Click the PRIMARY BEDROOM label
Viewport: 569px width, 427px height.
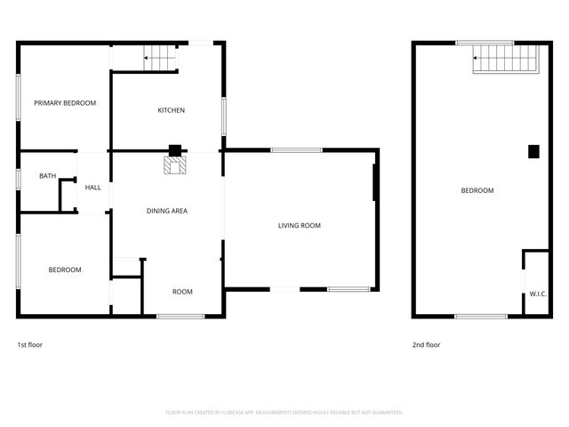click(x=65, y=103)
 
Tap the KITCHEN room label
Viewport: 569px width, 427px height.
click(x=171, y=110)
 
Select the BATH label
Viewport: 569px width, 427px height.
click(x=47, y=176)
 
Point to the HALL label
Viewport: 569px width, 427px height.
click(x=92, y=188)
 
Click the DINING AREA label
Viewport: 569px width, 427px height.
click(x=167, y=211)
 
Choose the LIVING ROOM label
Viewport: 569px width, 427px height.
click(x=299, y=226)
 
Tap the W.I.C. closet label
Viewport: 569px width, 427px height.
click(x=537, y=294)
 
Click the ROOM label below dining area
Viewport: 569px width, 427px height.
click(x=182, y=292)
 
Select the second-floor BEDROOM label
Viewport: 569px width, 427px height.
click(x=477, y=190)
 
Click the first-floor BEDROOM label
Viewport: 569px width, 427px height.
click(x=65, y=270)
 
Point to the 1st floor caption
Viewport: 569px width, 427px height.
click(x=30, y=345)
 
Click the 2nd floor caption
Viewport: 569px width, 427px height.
click(x=425, y=345)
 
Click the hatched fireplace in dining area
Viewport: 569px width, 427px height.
click(x=174, y=165)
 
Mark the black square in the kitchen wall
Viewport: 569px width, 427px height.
click(x=175, y=150)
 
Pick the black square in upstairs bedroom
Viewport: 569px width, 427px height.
click(x=533, y=151)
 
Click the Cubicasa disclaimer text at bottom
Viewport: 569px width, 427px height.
click(x=284, y=412)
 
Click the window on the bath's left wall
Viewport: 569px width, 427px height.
click(x=19, y=178)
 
